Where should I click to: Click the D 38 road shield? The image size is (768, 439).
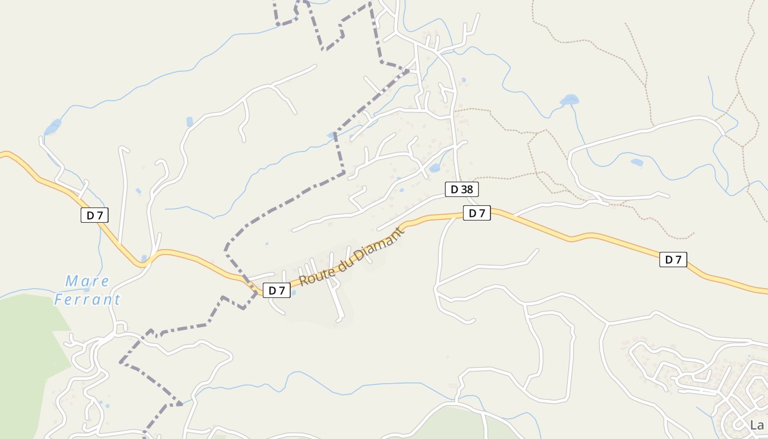(461, 189)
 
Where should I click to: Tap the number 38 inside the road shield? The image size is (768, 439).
(466, 189)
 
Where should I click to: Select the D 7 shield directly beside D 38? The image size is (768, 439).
(477, 213)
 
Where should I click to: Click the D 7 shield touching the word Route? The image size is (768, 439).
(277, 290)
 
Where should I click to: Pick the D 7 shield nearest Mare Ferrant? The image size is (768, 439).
(94, 215)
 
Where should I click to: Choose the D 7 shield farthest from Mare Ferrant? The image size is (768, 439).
(673, 260)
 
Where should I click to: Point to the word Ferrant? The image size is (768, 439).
(87, 300)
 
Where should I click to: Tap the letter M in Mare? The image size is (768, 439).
(71, 282)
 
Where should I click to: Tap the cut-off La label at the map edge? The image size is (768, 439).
(757, 425)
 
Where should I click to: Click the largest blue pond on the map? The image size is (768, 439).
(569, 100)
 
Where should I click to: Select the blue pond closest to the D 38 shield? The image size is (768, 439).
(434, 168)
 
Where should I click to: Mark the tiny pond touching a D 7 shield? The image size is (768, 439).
(293, 292)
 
